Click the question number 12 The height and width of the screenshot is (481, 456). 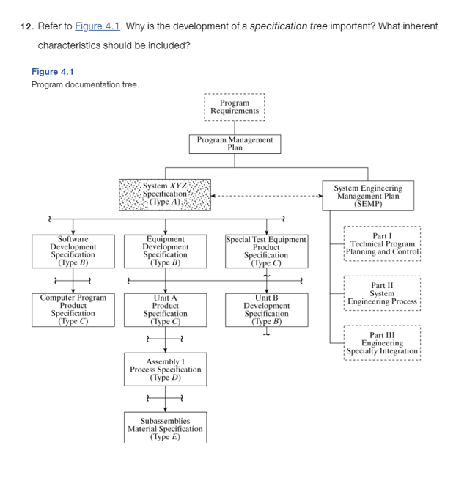coord(26,26)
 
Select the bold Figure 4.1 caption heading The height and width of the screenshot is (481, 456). coord(53,72)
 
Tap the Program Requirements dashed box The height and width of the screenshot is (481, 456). coord(235,107)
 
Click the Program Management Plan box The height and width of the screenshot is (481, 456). coord(235,144)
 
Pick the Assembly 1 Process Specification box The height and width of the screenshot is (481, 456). coord(165,370)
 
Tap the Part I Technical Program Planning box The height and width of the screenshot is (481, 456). coord(382,244)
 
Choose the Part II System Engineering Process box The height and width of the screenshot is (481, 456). coord(382,293)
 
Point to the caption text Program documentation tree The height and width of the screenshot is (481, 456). coord(85,84)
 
